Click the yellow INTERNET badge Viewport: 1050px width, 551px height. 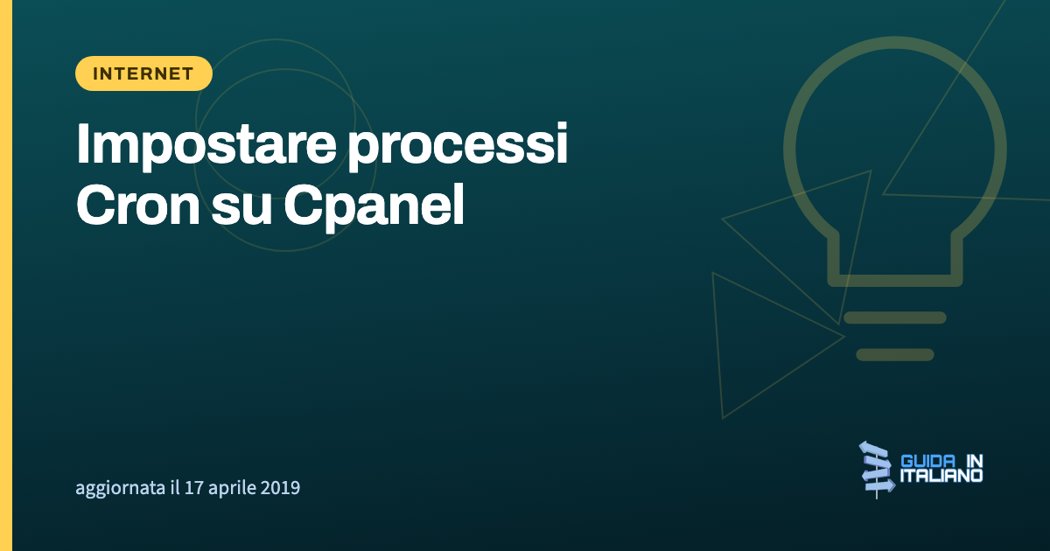coord(143,73)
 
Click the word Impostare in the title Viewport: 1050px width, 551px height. coord(206,144)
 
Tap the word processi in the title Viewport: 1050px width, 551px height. coord(458,144)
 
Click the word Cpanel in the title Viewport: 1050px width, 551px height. coord(374,206)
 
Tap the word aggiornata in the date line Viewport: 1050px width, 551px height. coord(121,488)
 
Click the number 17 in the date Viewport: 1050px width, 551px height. coord(193,487)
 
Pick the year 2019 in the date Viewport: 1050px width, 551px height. coord(280,487)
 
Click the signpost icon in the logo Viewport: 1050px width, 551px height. coord(877,469)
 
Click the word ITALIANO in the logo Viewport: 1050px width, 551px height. coord(941,476)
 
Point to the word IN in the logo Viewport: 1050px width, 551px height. coord(975,461)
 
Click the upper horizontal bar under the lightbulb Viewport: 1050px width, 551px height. coord(895,317)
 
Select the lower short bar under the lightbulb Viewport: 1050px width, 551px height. coord(895,355)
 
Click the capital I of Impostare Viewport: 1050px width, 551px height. coord(83,143)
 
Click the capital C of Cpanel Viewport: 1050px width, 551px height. coord(304,205)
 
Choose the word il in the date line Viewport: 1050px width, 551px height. coord(175,487)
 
